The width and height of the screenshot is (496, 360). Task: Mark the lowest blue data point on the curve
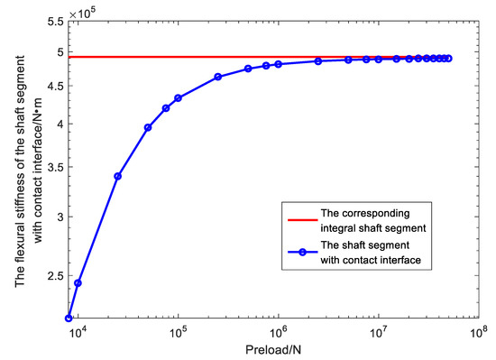pos(69,318)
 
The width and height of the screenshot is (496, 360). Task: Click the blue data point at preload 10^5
pos(178,97)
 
